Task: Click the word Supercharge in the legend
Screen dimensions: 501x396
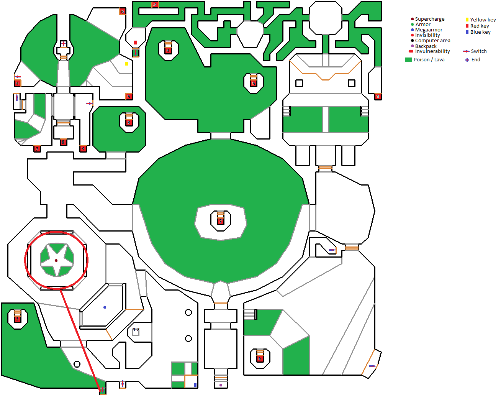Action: [429, 19]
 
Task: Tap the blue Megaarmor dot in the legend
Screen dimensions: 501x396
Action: [412, 30]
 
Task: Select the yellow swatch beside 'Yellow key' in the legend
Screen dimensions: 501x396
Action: [467, 20]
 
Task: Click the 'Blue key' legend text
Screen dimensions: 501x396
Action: [480, 32]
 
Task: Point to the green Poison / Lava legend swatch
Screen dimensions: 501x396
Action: [409, 60]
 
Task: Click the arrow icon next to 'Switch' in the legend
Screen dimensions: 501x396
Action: [466, 51]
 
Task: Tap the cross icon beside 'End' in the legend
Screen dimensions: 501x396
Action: [467, 60]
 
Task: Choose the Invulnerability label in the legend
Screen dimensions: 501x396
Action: [432, 51]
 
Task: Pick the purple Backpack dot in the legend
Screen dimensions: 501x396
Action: [412, 46]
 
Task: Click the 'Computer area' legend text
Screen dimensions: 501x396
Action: [432, 41]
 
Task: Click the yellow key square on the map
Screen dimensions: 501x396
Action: [126, 64]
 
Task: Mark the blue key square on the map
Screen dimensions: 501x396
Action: [195, 385]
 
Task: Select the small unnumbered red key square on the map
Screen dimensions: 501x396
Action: [135, 43]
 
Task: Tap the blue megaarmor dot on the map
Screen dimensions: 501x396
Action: [105, 307]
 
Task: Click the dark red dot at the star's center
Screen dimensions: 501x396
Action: [56, 261]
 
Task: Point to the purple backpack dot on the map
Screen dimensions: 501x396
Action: [221, 385]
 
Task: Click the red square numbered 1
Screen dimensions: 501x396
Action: [378, 97]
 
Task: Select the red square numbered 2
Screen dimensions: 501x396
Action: [155, 5]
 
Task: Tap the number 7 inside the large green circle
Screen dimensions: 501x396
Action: [221, 221]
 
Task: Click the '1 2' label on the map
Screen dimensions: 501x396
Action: [136, 330]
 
